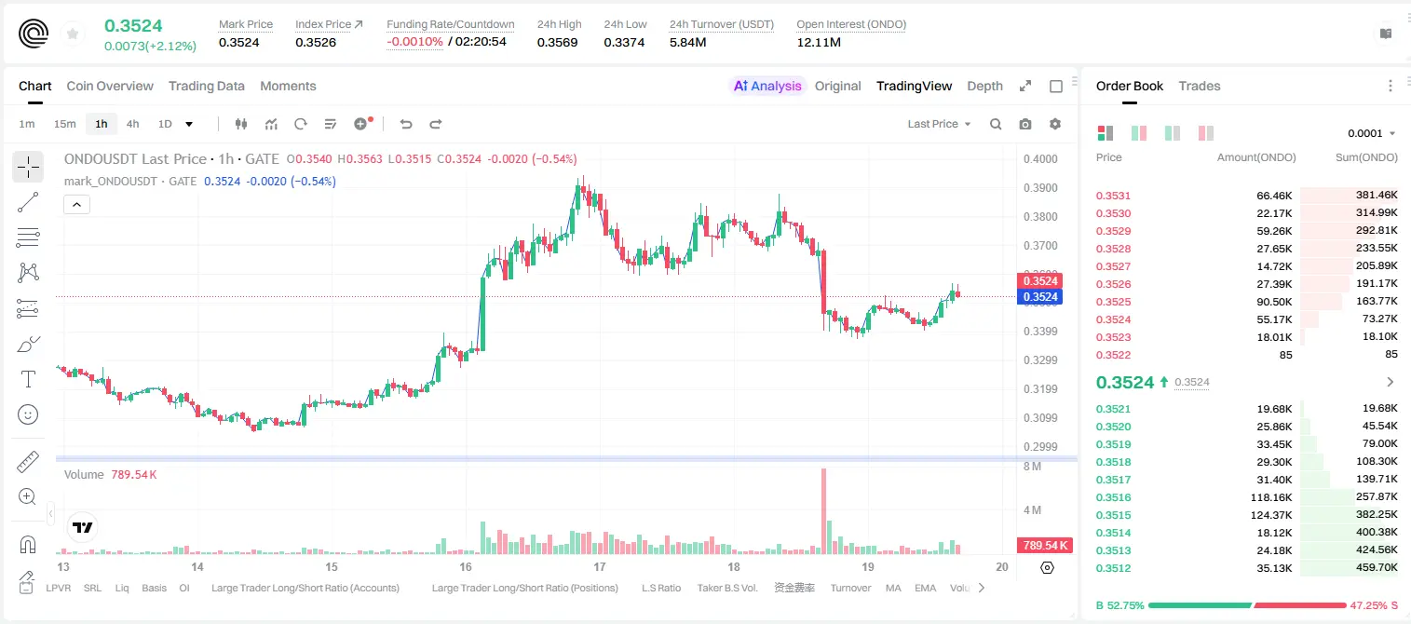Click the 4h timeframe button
(132, 124)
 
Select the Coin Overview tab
(110, 86)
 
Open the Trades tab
(1200, 86)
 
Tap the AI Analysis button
(767, 86)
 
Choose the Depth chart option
(984, 86)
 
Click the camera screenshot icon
(1025, 124)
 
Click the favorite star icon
(73, 34)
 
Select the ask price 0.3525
(1113, 302)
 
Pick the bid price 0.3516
(1113, 497)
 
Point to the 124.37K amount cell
(1271, 515)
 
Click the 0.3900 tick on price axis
(1040, 187)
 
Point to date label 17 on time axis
(599, 566)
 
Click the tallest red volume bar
(823, 511)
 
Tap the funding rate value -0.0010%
(414, 42)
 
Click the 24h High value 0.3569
(557, 42)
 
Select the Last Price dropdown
(939, 124)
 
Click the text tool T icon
(28, 379)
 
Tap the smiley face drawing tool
(28, 414)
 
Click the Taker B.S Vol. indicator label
(726, 588)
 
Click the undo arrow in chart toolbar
(406, 124)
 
